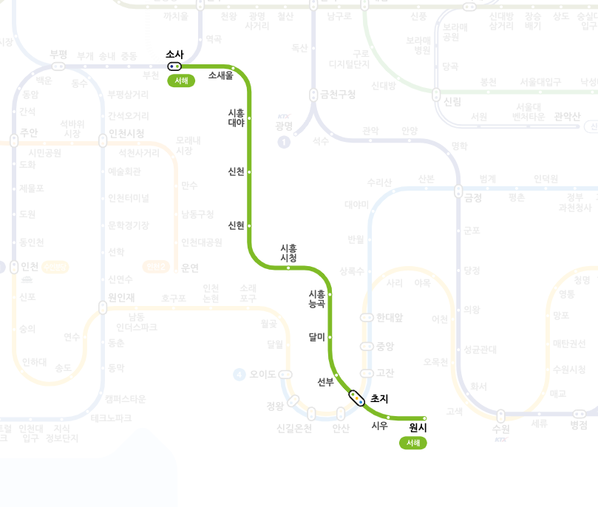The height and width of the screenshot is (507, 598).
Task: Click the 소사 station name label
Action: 175,54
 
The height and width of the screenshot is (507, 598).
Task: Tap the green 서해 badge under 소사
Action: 181,81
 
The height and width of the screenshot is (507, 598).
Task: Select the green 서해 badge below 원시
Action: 413,443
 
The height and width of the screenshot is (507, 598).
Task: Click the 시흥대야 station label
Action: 236,118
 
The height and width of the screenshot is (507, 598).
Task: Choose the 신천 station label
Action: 237,171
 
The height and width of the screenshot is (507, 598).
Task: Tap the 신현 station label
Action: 237,225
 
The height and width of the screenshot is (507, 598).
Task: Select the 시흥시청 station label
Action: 288,253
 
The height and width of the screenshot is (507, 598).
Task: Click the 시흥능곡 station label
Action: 316,298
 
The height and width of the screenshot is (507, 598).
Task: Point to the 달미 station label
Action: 316,337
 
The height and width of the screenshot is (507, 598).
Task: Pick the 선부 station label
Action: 325,381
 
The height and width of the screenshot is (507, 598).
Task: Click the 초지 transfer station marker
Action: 357,398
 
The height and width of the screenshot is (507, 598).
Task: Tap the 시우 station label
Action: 380,425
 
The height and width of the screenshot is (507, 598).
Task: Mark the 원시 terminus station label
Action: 418,426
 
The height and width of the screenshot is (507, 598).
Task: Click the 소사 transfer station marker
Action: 174,66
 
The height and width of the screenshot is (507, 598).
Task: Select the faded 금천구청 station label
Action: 337,95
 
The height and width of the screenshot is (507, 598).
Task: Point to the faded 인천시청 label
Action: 126,133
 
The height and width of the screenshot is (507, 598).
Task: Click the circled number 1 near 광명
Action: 283,142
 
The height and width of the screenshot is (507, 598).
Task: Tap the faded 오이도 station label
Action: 262,375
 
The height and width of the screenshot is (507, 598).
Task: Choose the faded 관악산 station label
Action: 568,115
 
